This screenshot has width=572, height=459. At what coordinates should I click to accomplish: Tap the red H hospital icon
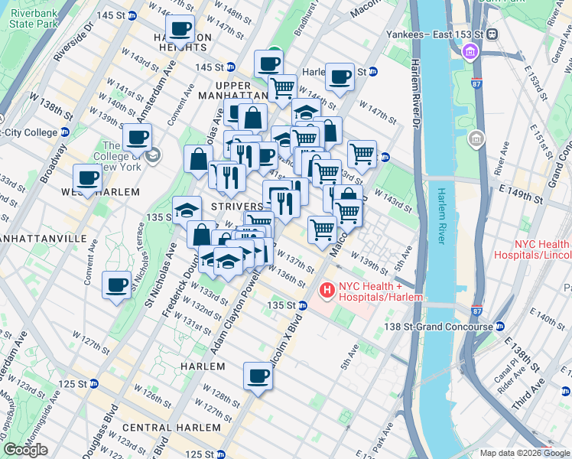point(327,291)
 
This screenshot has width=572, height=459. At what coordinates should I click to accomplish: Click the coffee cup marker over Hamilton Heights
point(180,31)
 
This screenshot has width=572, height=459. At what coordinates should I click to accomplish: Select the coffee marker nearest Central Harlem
point(258,376)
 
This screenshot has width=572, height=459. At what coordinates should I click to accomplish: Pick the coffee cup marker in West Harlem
point(88,178)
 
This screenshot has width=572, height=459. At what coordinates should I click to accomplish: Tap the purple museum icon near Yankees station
point(470,52)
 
